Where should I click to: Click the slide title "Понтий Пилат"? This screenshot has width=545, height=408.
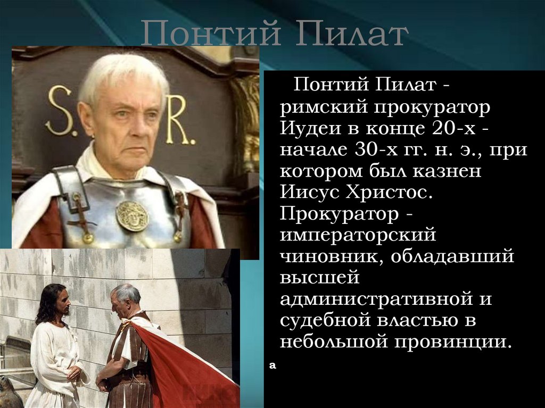point(275,35)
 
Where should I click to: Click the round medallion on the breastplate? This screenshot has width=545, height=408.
point(132,215)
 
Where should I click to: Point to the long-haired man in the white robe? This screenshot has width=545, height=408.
point(53,346)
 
